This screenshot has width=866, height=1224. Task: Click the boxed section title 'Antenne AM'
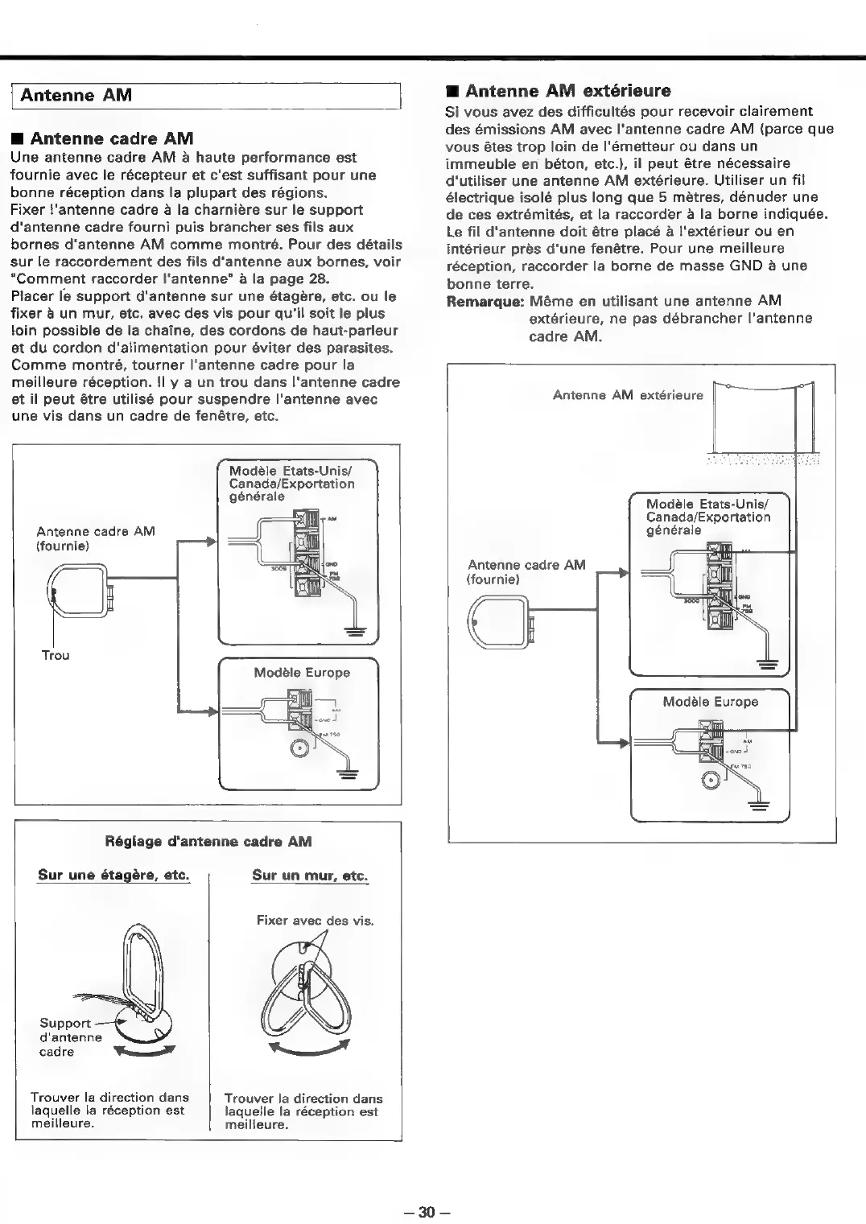(76, 95)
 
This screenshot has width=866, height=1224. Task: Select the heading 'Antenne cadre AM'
(111, 138)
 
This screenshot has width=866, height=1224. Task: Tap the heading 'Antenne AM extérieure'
(567, 90)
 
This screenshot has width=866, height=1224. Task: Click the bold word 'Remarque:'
(485, 301)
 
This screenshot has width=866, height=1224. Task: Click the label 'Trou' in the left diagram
(56, 655)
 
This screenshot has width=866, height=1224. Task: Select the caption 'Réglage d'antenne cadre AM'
(208, 842)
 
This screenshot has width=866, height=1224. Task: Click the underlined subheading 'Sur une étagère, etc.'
(113, 875)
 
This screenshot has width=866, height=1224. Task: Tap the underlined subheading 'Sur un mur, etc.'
(309, 876)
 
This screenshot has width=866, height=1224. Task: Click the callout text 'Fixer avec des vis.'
(315, 921)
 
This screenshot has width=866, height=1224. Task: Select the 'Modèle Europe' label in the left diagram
(302, 673)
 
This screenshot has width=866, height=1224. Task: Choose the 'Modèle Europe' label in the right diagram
(710, 702)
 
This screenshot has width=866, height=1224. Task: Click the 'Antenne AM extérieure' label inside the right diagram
(628, 395)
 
